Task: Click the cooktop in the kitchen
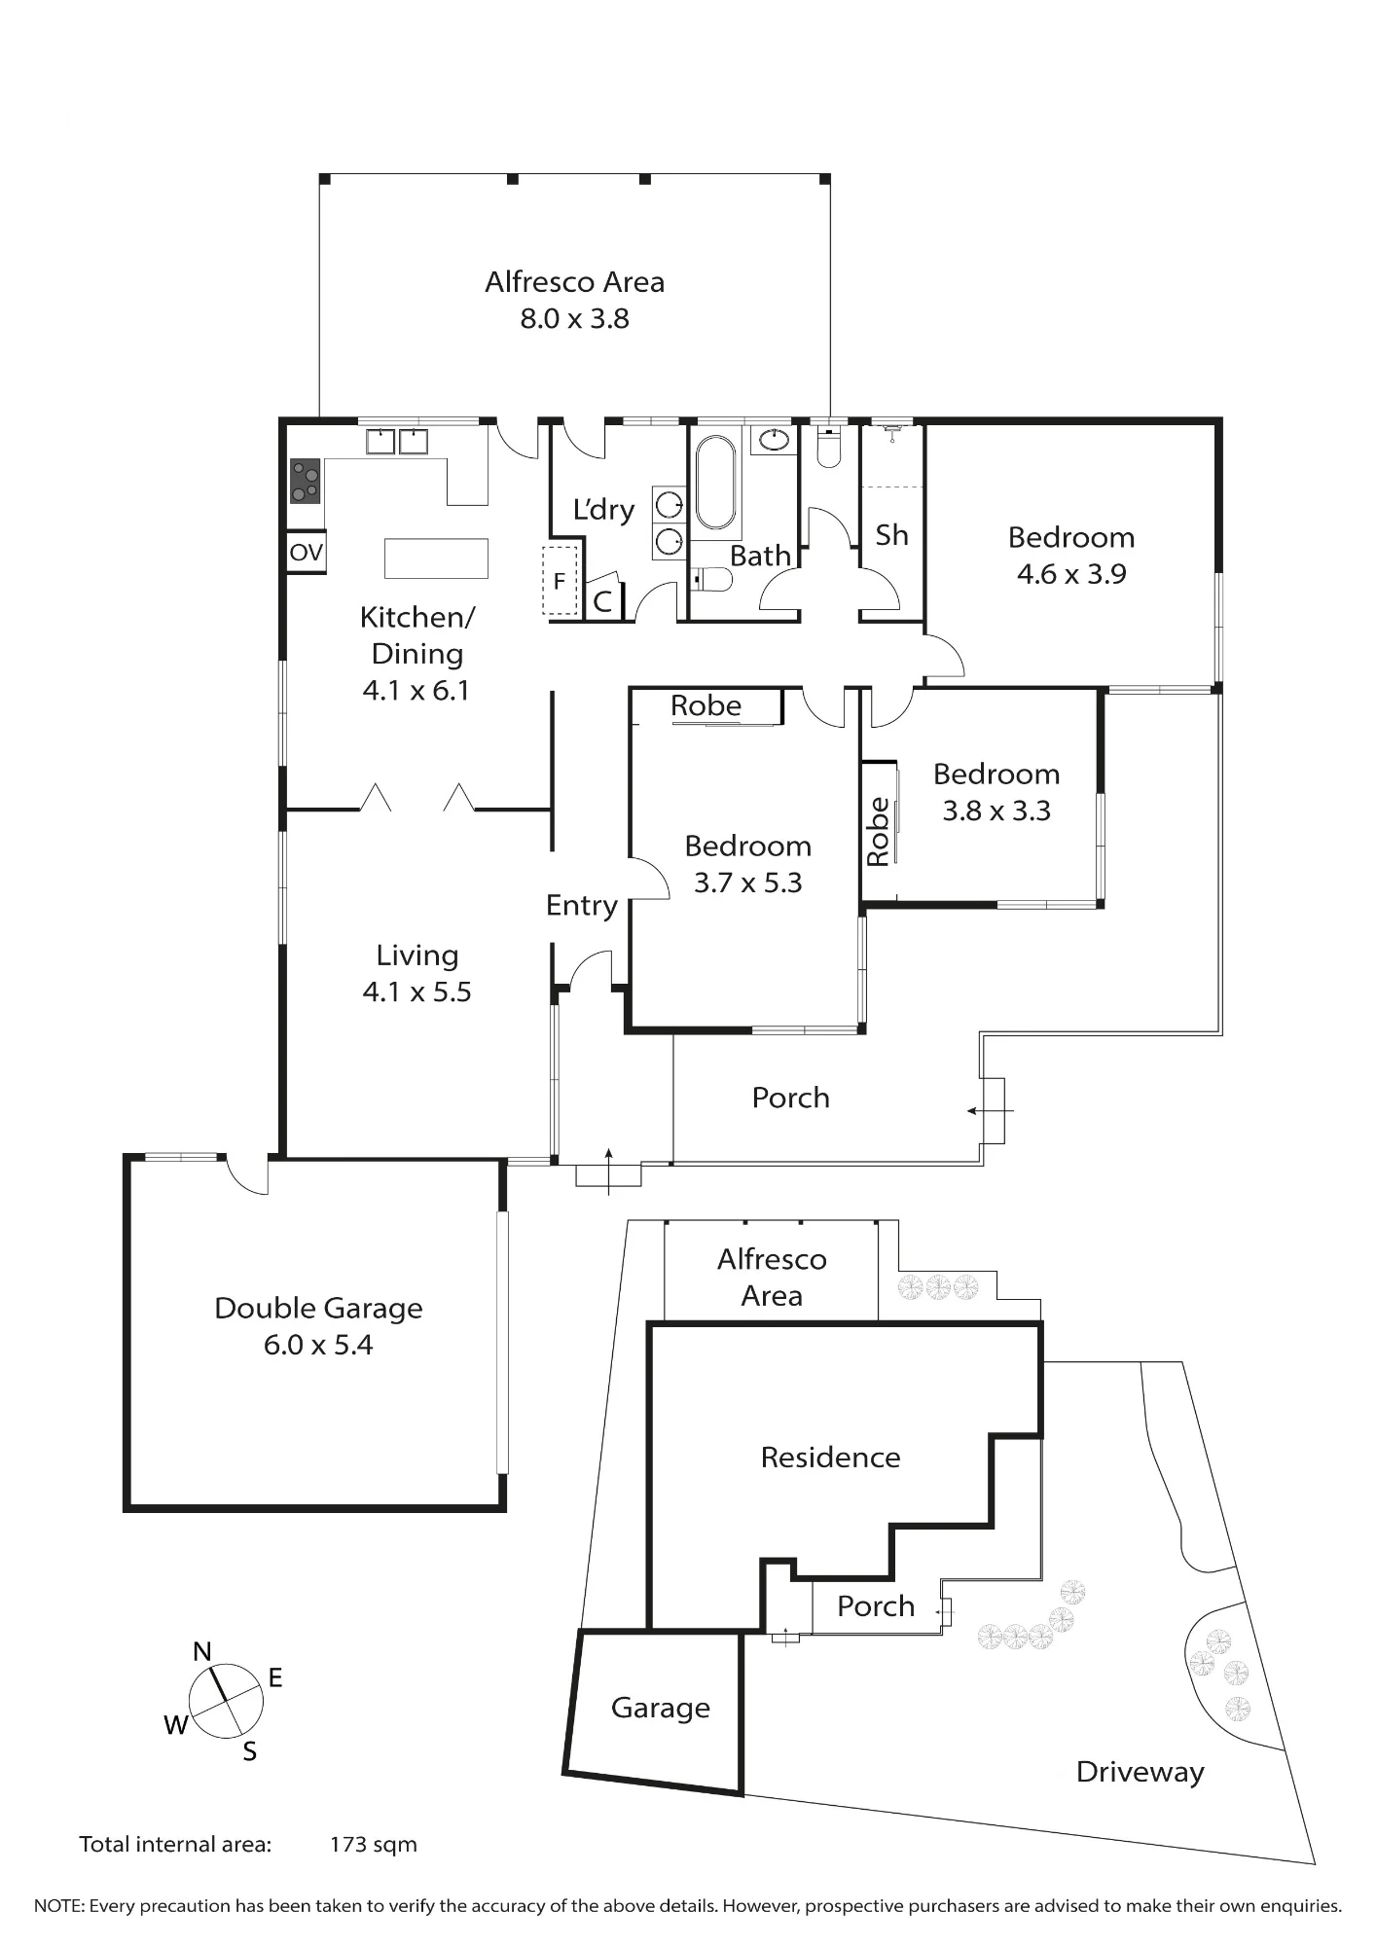pos(306,481)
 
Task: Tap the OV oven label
pos(306,553)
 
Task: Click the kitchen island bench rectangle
pos(436,559)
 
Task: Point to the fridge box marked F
pos(560,581)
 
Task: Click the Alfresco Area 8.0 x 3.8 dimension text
pos(575,318)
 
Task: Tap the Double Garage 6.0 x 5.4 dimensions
pos(318,1345)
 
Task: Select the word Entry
pos(582,906)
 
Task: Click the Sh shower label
pos(891,534)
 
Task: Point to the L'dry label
pos(603,509)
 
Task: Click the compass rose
pos(226,1701)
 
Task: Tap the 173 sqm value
pos(374,1844)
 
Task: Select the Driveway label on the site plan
pos(1140,1772)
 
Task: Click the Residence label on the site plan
pos(830,1457)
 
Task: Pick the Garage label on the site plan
pos(661,1708)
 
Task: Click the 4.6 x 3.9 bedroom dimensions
pos(1071,574)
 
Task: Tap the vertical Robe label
pos(878,832)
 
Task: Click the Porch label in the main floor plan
pos(791,1098)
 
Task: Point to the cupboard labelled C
pos(602,601)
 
